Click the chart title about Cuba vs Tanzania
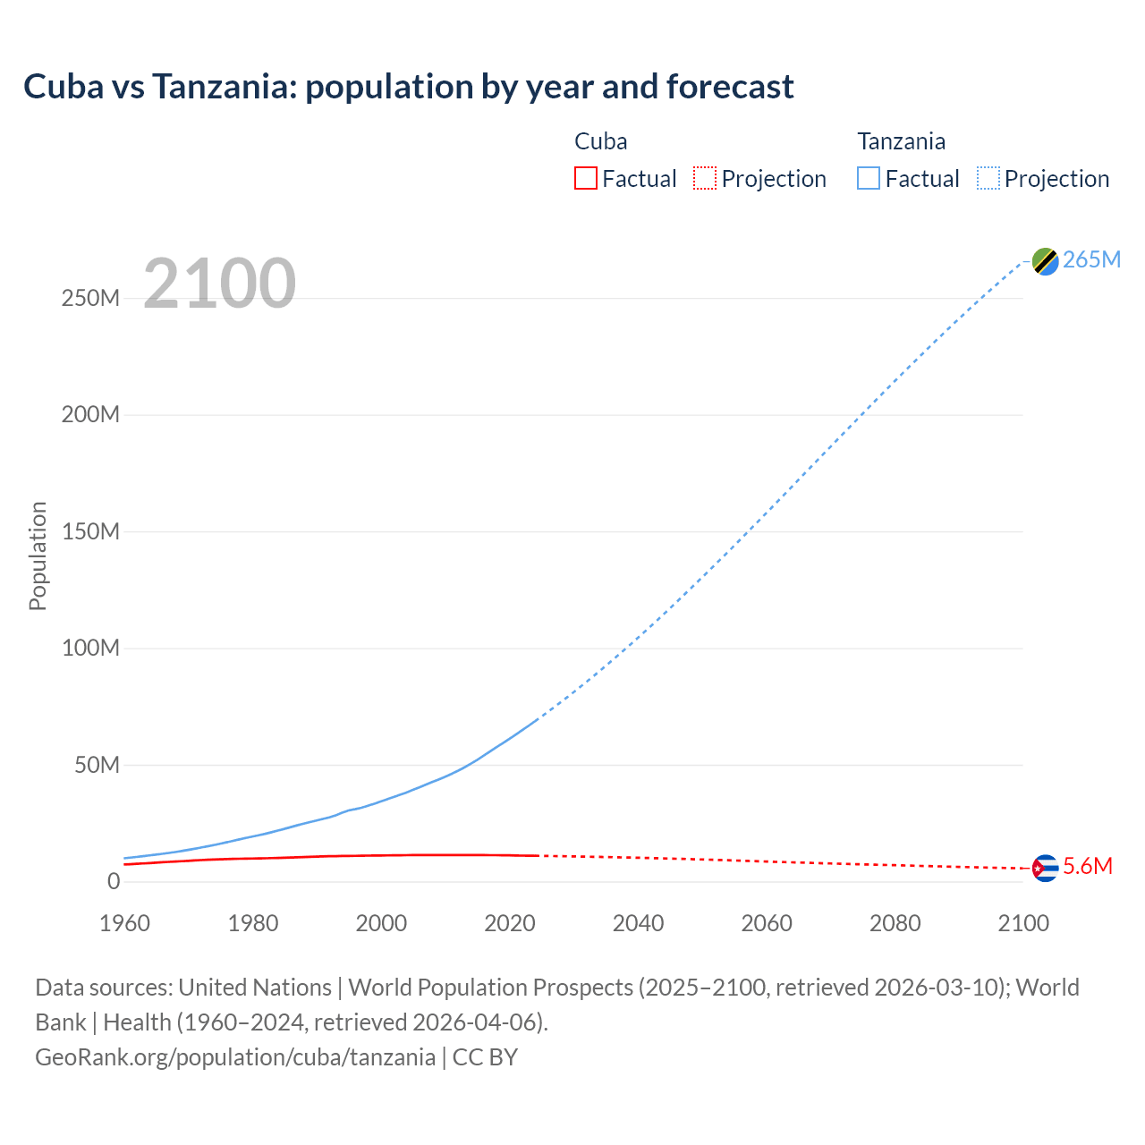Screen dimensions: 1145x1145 coord(408,87)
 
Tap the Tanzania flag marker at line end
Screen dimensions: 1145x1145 coord(1045,261)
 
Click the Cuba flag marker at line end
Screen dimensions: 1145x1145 coord(1045,868)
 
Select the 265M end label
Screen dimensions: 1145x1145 coord(1091,259)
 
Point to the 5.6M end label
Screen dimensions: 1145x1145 coord(1087,866)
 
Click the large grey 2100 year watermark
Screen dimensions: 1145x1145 coord(219,284)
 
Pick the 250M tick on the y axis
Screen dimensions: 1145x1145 coord(90,298)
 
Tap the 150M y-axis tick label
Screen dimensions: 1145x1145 coord(90,531)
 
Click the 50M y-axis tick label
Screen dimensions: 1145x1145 coord(97,765)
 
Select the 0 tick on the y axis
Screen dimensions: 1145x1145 coord(113,881)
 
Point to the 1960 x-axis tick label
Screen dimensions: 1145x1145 coord(124,923)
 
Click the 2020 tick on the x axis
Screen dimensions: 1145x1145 coord(509,923)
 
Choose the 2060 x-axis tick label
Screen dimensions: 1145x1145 coord(766,923)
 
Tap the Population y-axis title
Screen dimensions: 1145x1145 coord(38,556)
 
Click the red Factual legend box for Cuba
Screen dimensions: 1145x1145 coord(585,178)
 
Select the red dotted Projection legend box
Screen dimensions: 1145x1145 coord(705,178)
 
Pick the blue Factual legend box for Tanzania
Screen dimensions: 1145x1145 coord(868,178)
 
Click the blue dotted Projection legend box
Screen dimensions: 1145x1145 coord(988,178)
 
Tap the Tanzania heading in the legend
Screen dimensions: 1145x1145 coord(901,141)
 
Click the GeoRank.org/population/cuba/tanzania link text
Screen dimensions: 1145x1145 coord(235,1056)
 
